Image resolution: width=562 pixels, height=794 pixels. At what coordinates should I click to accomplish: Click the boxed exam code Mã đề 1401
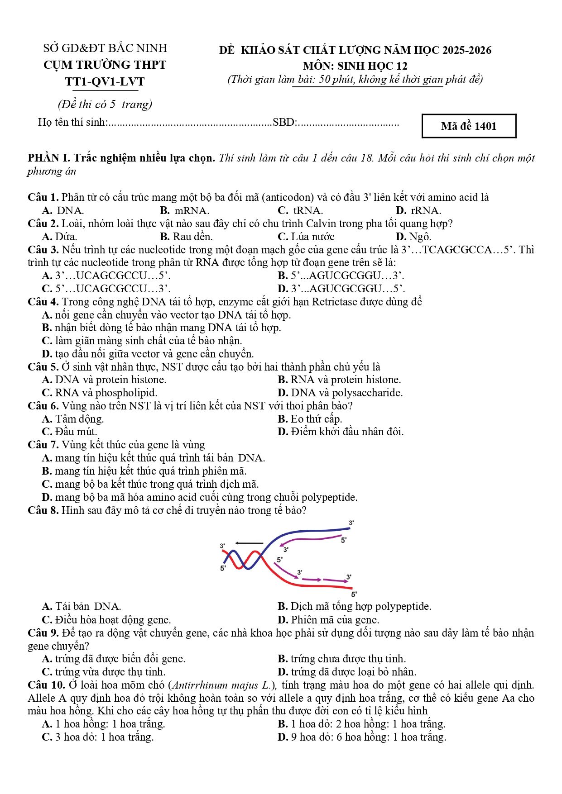(468, 126)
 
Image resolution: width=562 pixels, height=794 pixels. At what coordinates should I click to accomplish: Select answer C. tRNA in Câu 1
(300, 210)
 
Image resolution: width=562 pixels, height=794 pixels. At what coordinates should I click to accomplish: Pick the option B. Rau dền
(186, 237)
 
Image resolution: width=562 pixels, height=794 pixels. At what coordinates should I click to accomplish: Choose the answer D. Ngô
(413, 237)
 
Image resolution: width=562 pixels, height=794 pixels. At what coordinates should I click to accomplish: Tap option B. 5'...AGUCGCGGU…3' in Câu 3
(341, 276)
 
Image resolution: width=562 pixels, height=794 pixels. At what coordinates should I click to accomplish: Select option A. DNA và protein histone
(104, 380)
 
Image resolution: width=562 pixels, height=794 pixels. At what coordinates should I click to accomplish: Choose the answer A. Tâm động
(73, 419)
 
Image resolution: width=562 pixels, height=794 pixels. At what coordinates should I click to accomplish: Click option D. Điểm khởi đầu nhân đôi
(340, 432)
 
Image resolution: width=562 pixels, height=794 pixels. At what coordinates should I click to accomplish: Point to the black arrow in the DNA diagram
(249, 543)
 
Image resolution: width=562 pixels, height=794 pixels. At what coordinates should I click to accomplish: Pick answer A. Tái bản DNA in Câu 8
(82, 606)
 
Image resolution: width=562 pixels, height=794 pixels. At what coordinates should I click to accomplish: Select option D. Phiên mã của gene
(328, 619)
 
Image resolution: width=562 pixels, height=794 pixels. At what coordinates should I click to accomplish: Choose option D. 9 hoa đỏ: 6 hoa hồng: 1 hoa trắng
(361, 737)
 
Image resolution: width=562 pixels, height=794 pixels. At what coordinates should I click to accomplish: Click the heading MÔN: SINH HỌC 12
(355, 66)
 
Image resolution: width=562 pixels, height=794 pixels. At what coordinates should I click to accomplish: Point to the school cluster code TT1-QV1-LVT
(105, 82)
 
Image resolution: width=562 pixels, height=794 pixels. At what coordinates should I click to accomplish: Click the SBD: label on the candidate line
(284, 122)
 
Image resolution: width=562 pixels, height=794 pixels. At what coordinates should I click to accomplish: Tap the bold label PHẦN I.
(48, 158)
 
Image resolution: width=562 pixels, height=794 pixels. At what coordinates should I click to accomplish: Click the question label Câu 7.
(43, 445)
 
